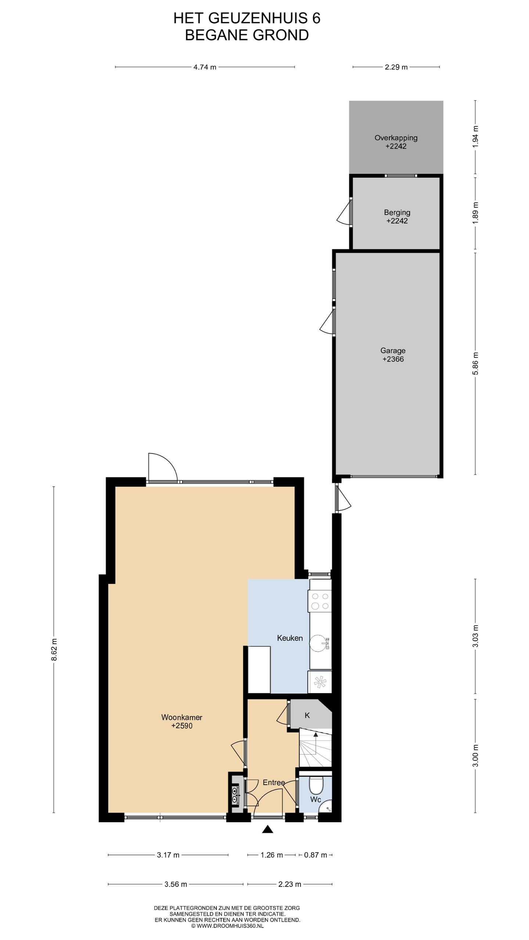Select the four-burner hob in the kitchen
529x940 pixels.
pyautogui.click(x=320, y=601)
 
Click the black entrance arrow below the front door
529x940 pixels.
pyautogui.click(x=267, y=839)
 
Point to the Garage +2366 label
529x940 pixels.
pyautogui.click(x=393, y=355)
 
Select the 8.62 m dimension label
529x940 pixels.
pyautogui.click(x=54, y=649)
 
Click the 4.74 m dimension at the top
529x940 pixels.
pyautogui.click(x=205, y=67)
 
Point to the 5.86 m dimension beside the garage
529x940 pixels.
pyautogui.click(x=475, y=364)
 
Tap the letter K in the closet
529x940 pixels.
pyautogui.click(x=307, y=715)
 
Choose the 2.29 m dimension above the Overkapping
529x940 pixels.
pyautogui.click(x=396, y=67)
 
